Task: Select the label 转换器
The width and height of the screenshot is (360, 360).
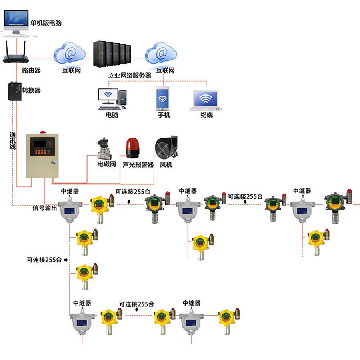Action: [32, 90]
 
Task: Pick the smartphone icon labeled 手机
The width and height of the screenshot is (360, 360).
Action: [162, 98]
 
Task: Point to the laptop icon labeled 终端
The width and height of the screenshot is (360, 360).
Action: [206, 100]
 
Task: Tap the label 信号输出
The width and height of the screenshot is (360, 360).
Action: [44, 208]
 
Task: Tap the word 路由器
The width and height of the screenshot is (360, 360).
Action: [31, 70]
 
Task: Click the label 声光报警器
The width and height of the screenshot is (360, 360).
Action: [138, 164]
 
